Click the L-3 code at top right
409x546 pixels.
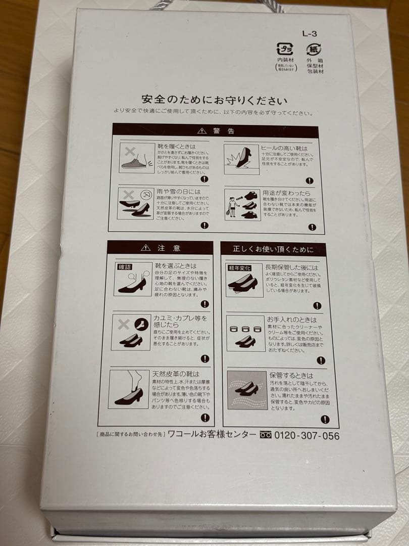(309, 34)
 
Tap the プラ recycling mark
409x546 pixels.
(285, 50)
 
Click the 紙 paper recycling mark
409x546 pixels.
(314, 50)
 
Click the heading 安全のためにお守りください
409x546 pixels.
(215, 99)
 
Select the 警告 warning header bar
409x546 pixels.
(216, 131)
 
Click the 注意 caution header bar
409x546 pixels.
(161, 248)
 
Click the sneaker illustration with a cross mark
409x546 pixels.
(136, 158)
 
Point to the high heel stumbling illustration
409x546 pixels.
(242, 158)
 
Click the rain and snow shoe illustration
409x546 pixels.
(135, 203)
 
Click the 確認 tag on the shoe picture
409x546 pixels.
(124, 267)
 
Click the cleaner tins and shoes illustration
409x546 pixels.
(245, 334)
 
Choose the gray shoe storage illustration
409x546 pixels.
(247, 390)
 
